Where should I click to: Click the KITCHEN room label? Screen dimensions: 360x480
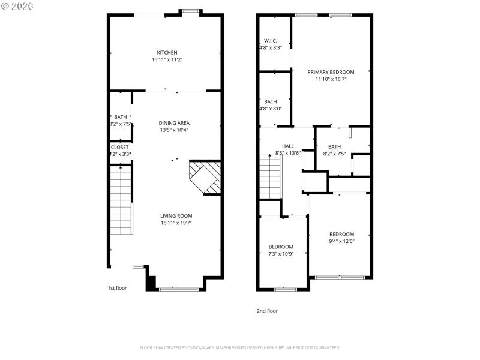coord(167,53)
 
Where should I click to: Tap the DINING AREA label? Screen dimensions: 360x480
coord(174,123)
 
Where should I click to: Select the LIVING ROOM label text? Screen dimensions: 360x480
coord(176,216)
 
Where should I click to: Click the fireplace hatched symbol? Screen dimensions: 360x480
coord(205,177)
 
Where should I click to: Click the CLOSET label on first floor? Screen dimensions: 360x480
coord(119,147)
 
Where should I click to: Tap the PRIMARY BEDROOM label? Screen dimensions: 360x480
coord(331,72)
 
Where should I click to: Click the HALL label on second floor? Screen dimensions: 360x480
coord(288,146)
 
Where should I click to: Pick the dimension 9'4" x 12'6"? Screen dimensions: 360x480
coord(341,241)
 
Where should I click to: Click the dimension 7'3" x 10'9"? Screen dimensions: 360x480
coord(281,254)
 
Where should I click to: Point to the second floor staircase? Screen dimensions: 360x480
coord(269,175)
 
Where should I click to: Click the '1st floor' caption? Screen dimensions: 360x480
coord(117,288)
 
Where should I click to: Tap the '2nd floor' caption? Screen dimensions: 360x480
coord(268,311)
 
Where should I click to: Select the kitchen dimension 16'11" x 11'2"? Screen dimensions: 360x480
coord(167,59)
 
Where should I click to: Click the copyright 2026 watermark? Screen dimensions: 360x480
coord(17,5)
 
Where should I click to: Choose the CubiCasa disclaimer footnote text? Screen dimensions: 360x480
coord(239,347)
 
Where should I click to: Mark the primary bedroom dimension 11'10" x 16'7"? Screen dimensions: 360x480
coord(331,79)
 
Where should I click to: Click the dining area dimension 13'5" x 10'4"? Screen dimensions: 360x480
coord(174,130)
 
